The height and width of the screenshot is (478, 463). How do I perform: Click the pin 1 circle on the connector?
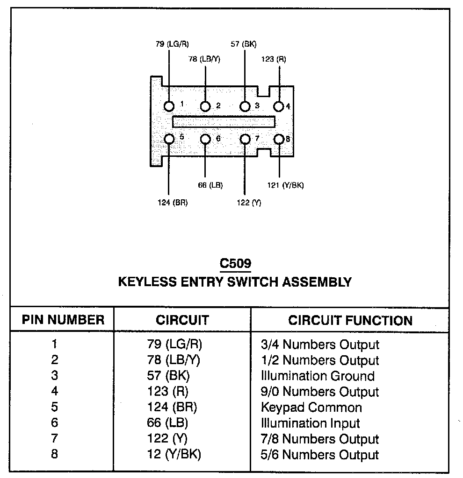[x=169, y=107]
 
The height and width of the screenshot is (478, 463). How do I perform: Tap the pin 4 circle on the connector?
[x=279, y=107]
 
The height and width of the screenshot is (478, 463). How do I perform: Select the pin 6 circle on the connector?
[x=205, y=140]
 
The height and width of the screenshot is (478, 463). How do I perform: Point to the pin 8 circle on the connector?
[x=279, y=140]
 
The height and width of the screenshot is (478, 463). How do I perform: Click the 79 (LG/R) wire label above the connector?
[x=172, y=44]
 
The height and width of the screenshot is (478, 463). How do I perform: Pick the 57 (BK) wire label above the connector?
[x=244, y=44]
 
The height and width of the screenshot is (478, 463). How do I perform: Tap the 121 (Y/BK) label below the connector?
[x=285, y=185]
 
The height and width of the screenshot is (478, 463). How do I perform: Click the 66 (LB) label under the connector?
[x=210, y=185]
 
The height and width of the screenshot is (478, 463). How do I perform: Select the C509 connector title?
[x=236, y=264]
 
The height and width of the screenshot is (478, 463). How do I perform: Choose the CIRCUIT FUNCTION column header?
[x=350, y=320]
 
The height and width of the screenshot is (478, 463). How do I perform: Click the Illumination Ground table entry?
[x=318, y=376]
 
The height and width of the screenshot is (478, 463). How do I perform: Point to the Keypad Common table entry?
[x=311, y=408]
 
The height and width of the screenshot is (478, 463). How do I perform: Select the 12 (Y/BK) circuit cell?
[x=174, y=455]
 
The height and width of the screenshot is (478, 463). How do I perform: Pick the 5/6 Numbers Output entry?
[x=319, y=455]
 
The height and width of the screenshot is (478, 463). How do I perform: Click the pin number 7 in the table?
[x=55, y=439]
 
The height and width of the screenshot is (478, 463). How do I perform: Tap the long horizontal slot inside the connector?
[x=224, y=122]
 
